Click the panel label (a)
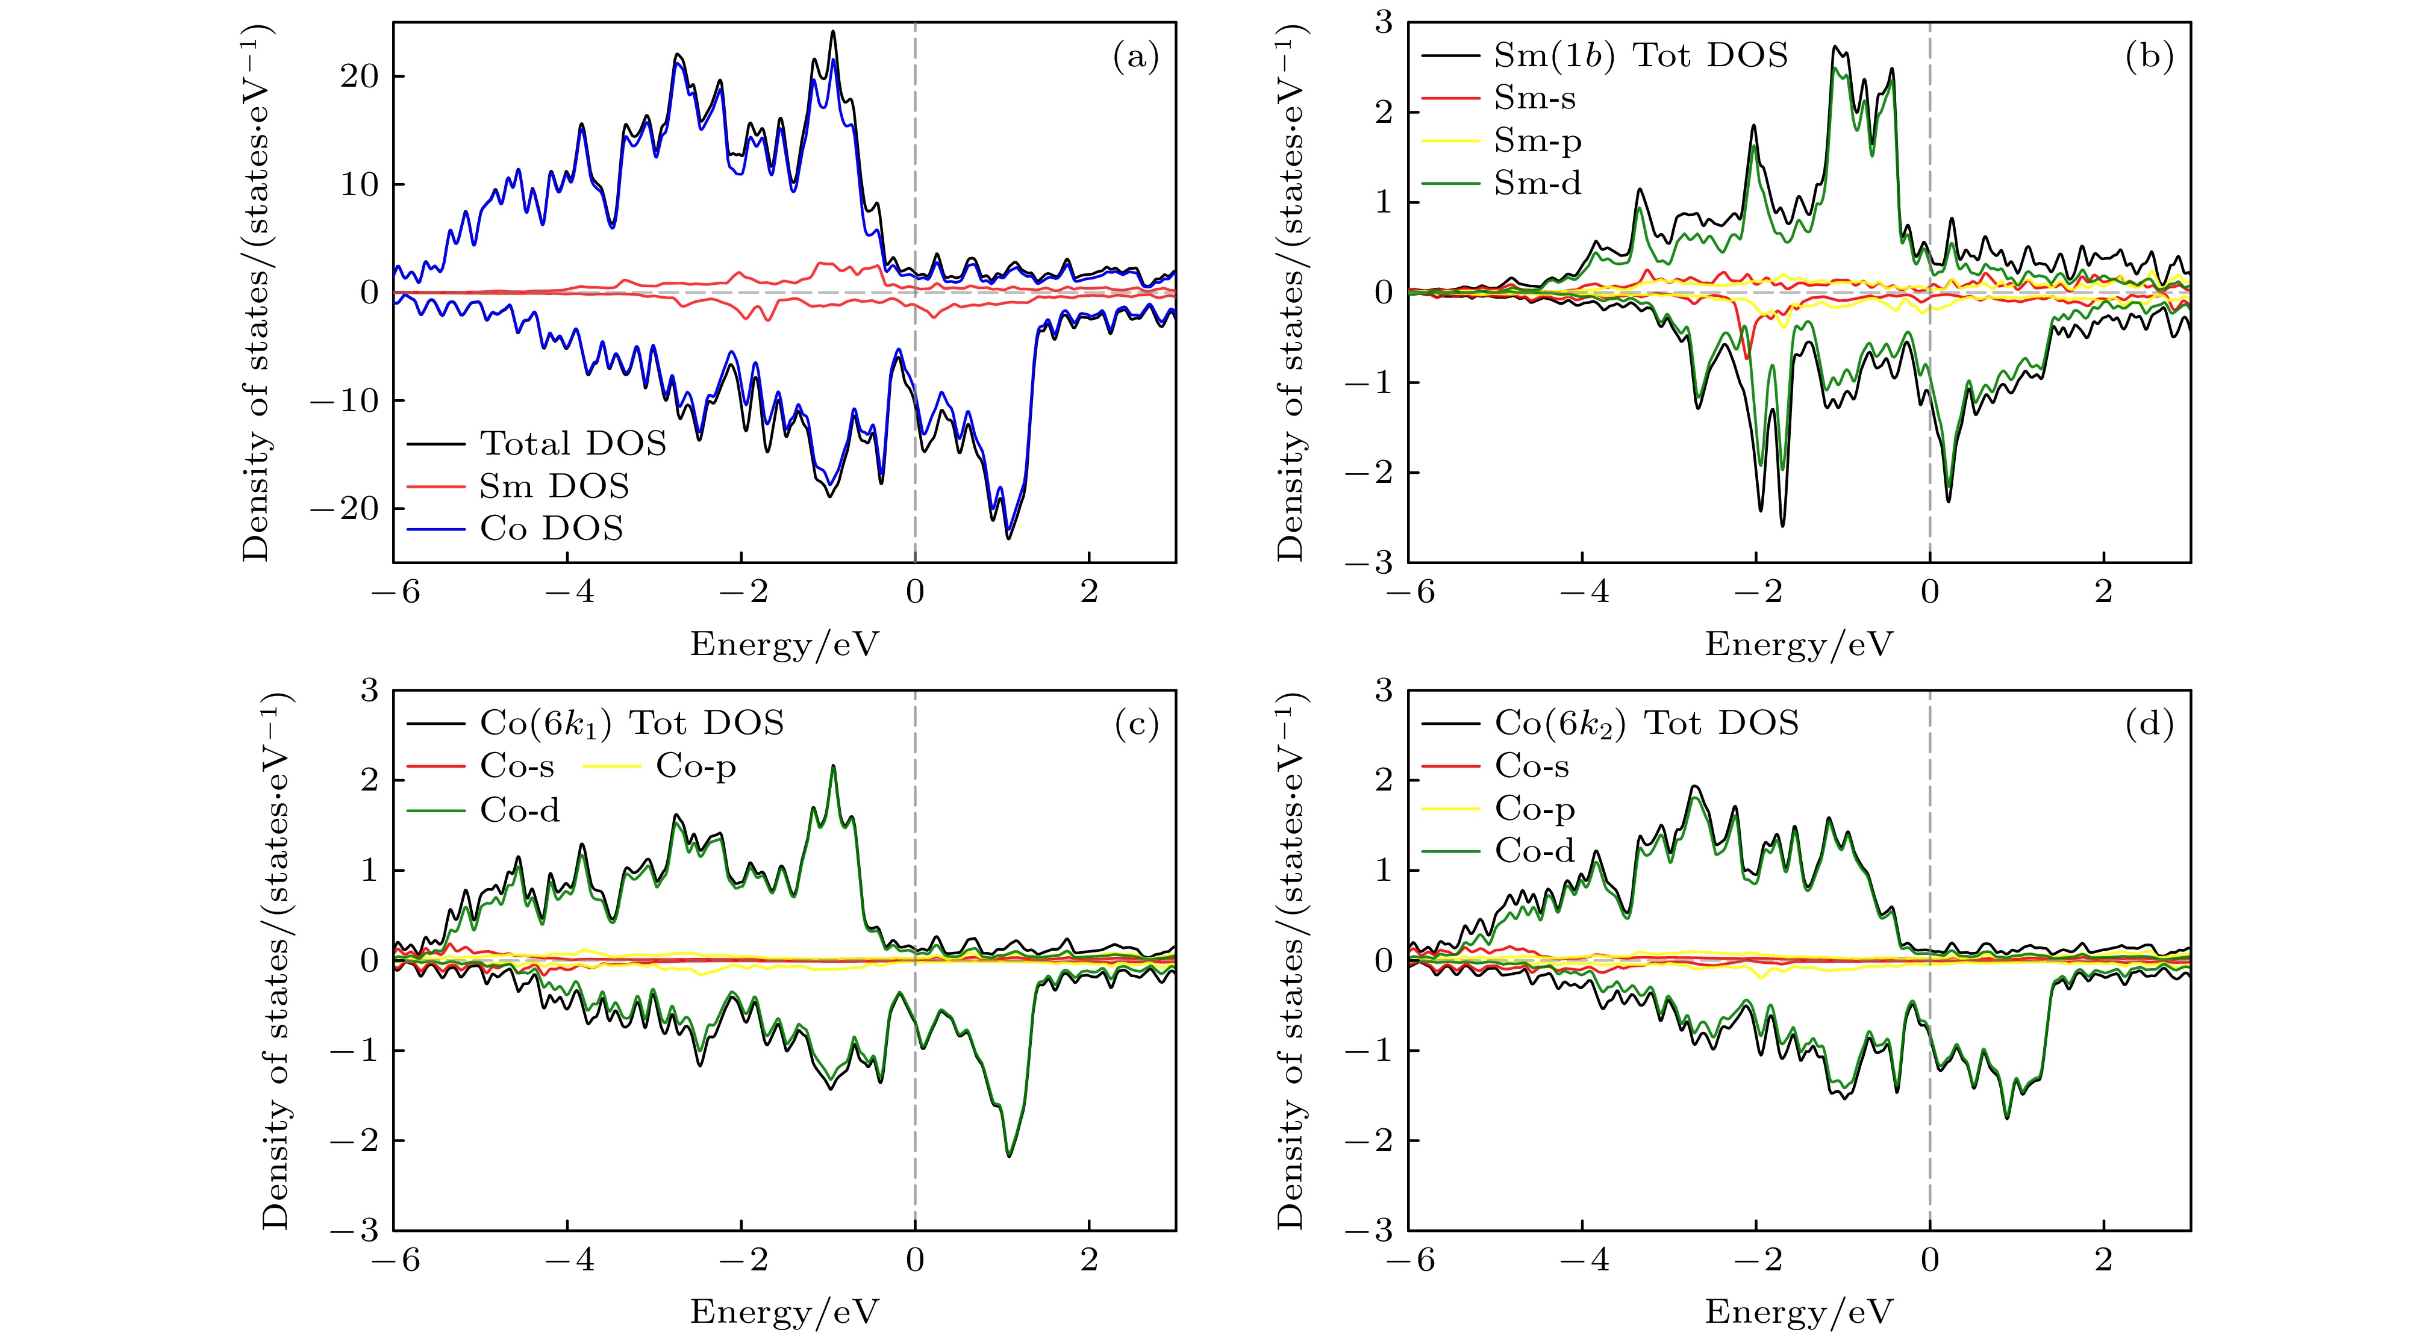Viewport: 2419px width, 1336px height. coord(1135,58)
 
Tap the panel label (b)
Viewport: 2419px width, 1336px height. coord(2150,58)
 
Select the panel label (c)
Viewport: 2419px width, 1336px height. coord(1135,725)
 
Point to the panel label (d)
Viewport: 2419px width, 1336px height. coord(2150,725)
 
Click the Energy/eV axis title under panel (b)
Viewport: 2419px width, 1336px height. coord(1798,644)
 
